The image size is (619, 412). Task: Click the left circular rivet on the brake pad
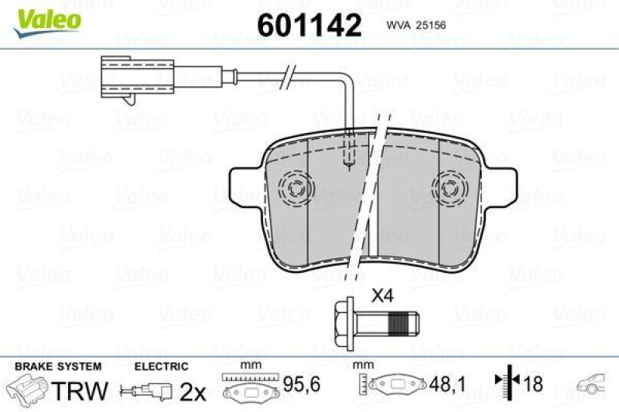296,186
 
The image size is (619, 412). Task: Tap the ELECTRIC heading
161,366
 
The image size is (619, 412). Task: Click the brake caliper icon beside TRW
26,388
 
